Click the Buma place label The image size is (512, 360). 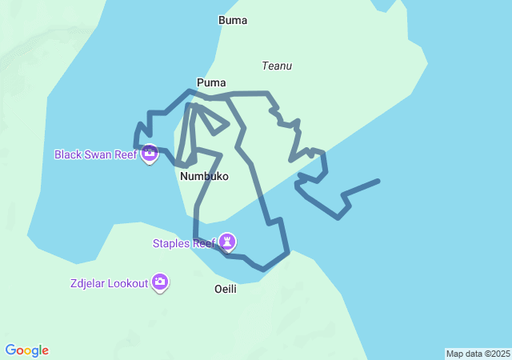tap(233, 21)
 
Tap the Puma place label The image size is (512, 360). tap(211, 82)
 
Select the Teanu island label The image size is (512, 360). tap(277, 66)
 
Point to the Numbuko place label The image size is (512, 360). tap(205, 176)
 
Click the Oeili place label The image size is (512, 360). tap(226, 289)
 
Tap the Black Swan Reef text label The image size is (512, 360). tap(96, 154)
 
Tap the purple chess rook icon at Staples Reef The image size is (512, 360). tap(228, 241)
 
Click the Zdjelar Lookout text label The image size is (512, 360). tap(109, 283)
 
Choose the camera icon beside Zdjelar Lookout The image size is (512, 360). tap(161, 282)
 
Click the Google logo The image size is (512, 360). tap(26, 350)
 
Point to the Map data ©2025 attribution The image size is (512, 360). tap(478, 354)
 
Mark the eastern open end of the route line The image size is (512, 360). tap(378, 182)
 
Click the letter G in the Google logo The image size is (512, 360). tap(10, 350)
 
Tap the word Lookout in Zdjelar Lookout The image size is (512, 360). tap(128, 283)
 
